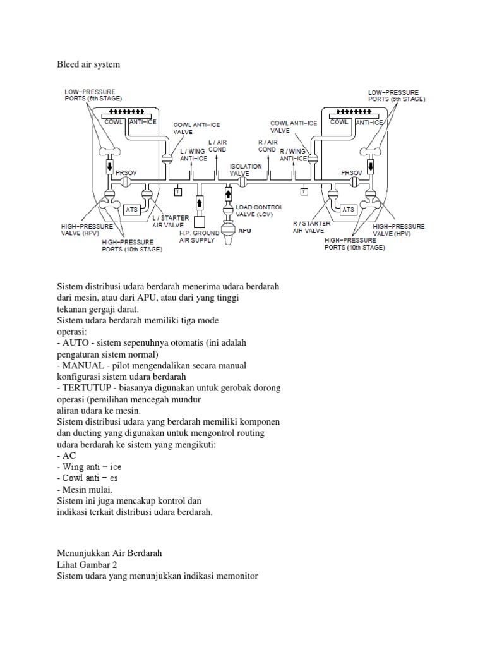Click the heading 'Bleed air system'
88,64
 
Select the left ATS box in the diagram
131,209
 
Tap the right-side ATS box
348,209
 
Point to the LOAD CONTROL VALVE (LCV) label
259,210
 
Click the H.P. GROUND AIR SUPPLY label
199,236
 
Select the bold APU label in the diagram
244,231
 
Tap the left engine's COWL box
114,122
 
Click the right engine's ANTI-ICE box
369,122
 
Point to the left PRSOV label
125,171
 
